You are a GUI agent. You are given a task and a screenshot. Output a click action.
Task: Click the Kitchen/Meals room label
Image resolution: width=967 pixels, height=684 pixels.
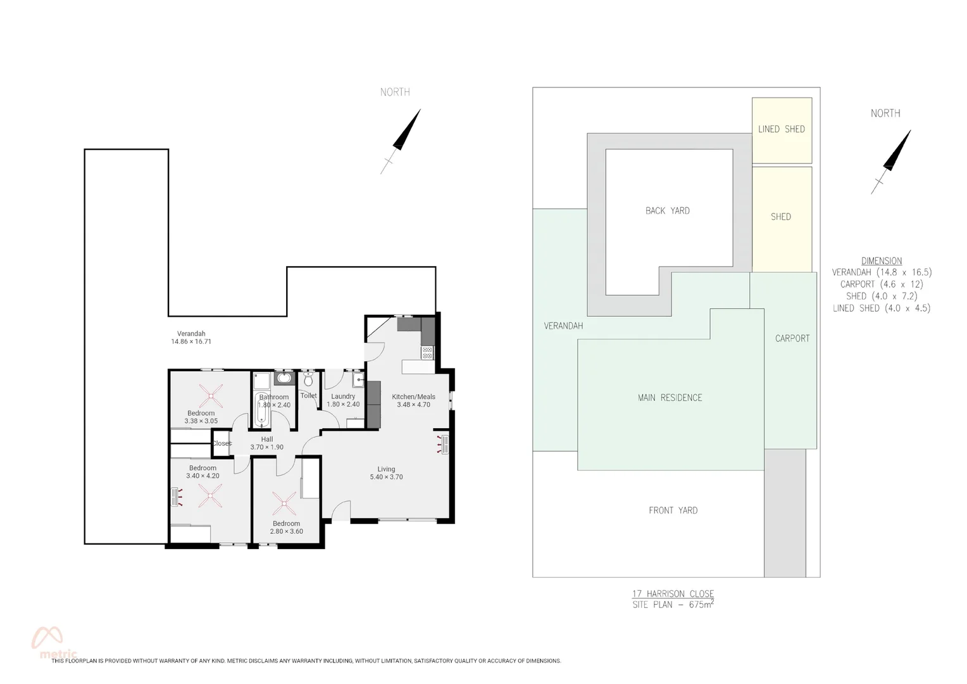tap(413, 396)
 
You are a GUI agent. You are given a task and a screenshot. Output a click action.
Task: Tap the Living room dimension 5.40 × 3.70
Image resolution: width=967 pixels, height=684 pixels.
tap(386, 477)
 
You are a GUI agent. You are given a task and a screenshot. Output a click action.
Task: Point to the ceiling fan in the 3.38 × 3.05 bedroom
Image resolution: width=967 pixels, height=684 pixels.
tap(211, 397)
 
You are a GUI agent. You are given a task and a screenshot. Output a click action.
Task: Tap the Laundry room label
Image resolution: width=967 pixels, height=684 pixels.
tap(343, 396)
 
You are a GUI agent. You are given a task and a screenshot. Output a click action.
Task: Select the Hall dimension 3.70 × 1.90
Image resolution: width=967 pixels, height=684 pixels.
tap(266, 447)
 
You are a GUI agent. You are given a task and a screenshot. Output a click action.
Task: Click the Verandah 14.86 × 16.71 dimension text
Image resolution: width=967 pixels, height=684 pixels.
tap(191, 341)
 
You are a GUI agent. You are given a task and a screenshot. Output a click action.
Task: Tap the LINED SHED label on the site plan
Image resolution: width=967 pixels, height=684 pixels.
tap(782, 129)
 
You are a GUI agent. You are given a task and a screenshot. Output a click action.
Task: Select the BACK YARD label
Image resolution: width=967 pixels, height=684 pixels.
tap(667, 211)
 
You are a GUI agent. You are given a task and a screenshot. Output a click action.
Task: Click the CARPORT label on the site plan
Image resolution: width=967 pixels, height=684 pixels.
tap(792, 338)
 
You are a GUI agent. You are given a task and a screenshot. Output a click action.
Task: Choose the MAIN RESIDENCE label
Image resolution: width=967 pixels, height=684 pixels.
tap(670, 398)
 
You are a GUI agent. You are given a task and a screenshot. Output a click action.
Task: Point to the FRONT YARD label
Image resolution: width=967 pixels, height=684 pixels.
tap(673, 510)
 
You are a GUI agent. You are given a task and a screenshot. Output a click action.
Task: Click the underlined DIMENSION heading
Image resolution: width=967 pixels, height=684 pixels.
tap(881, 261)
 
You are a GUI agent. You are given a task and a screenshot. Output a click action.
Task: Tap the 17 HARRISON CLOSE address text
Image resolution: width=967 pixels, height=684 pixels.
tap(673, 593)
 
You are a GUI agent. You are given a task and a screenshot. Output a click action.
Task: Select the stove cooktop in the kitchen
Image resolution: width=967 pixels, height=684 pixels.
tap(427, 352)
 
